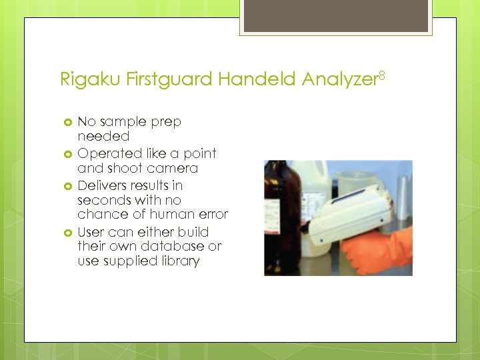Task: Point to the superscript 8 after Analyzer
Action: click(x=383, y=75)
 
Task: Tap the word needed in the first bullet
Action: click(x=103, y=136)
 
